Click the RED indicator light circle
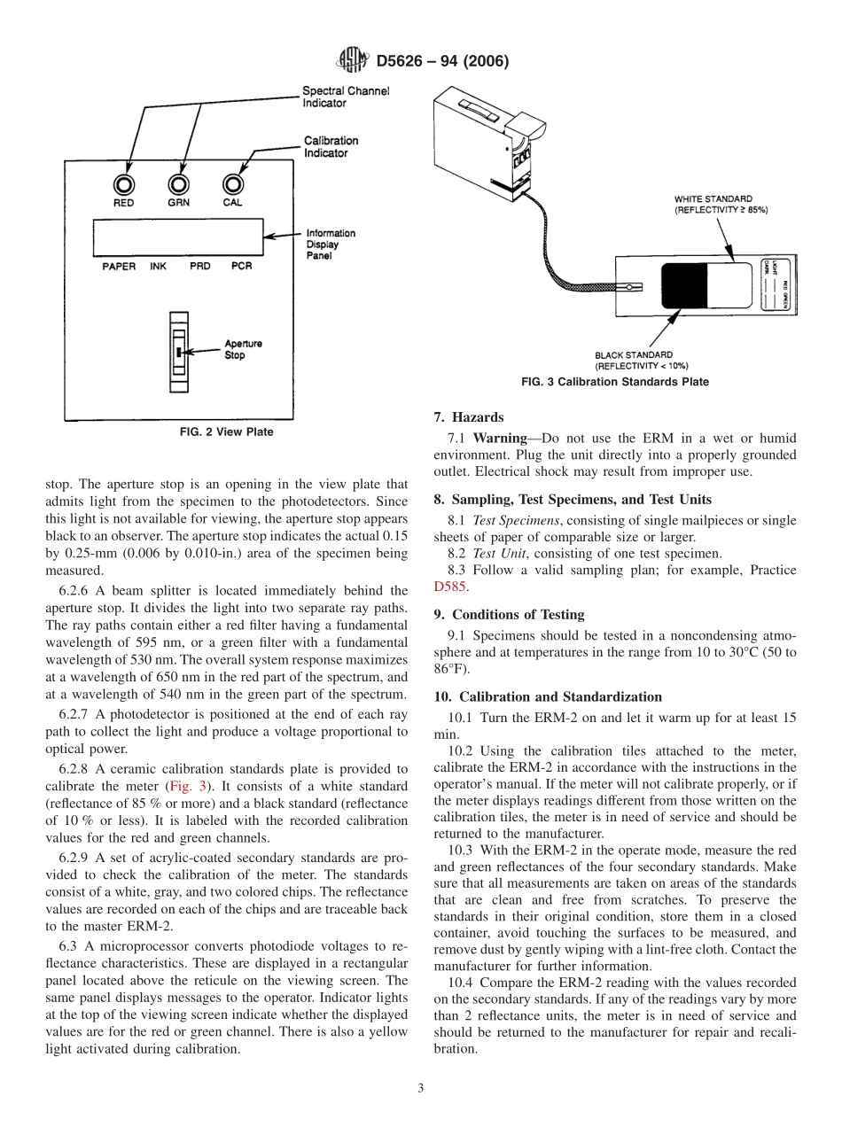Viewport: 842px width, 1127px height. [x=123, y=183]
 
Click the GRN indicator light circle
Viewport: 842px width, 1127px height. [x=178, y=183]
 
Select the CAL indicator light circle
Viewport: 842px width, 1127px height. [x=232, y=183]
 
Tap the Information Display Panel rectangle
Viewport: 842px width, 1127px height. [x=176, y=237]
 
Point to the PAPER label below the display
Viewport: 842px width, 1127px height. [x=119, y=267]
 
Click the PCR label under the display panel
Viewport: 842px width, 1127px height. [x=241, y=267]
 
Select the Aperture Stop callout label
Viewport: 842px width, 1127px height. [x=243, y=349]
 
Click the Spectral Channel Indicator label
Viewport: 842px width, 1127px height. [x=346, y=97]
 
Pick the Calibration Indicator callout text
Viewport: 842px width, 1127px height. [x=331, y=146]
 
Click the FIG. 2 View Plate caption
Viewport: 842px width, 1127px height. [x=227, y=432]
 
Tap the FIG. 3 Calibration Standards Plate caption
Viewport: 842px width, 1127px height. [x=615, y=382]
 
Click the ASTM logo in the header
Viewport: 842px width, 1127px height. [x=353, y=61]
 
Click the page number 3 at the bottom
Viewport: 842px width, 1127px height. [x=421, y=1088]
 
